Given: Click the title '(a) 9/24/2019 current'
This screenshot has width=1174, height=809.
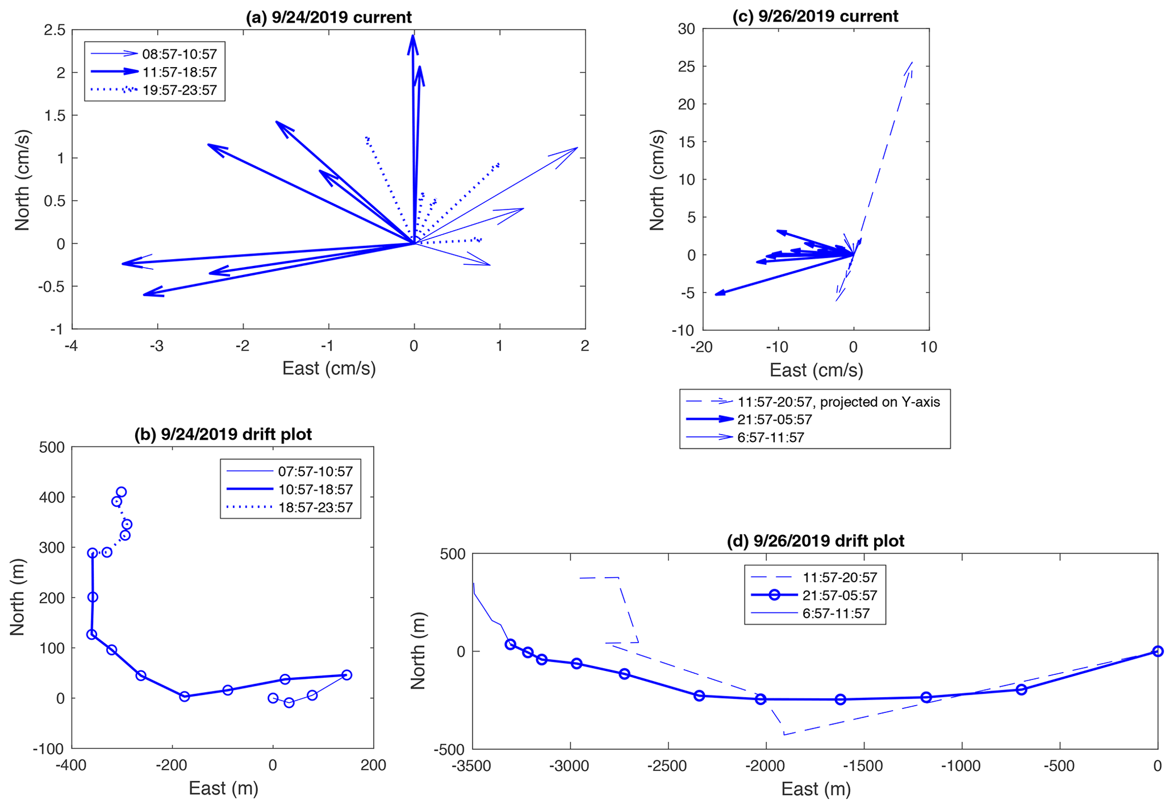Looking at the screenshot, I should [328, 17].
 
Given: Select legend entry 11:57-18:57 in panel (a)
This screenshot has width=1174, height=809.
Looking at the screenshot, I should [179, 72].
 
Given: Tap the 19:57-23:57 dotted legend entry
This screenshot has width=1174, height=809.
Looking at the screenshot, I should [179, 90].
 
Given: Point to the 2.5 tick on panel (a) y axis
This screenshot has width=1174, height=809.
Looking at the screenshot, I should [55, 30].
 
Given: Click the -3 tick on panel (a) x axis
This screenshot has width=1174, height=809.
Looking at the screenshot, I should [157, 346].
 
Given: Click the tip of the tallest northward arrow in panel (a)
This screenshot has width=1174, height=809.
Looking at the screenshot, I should [413, 36].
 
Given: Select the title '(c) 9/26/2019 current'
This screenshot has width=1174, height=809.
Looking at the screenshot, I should [815, 16].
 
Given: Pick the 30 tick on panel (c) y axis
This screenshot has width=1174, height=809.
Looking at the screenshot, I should [686, 29].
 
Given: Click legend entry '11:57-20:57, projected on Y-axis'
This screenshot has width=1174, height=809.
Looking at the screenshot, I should [838, 402].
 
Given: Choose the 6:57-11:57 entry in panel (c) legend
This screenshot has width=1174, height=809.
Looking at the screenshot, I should [770, 437].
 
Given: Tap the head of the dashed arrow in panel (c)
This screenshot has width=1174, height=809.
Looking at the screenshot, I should [912, 62].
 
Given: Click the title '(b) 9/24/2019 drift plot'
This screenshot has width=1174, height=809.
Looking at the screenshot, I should [223, 435].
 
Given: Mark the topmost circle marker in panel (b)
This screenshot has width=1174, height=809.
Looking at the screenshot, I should [121, 492].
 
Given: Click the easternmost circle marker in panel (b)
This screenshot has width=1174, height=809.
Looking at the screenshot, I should [346, 675].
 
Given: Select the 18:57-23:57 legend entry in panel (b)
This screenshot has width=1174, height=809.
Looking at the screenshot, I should [315, 507].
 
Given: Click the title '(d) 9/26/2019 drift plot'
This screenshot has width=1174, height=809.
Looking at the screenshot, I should [815, 541].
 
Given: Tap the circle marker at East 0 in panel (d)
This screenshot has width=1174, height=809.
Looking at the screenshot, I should [1158, 651].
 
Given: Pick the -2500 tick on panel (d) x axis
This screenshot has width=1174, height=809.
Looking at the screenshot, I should [669, 766].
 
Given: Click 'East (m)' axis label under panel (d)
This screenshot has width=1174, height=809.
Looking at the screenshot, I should [816, 789].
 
